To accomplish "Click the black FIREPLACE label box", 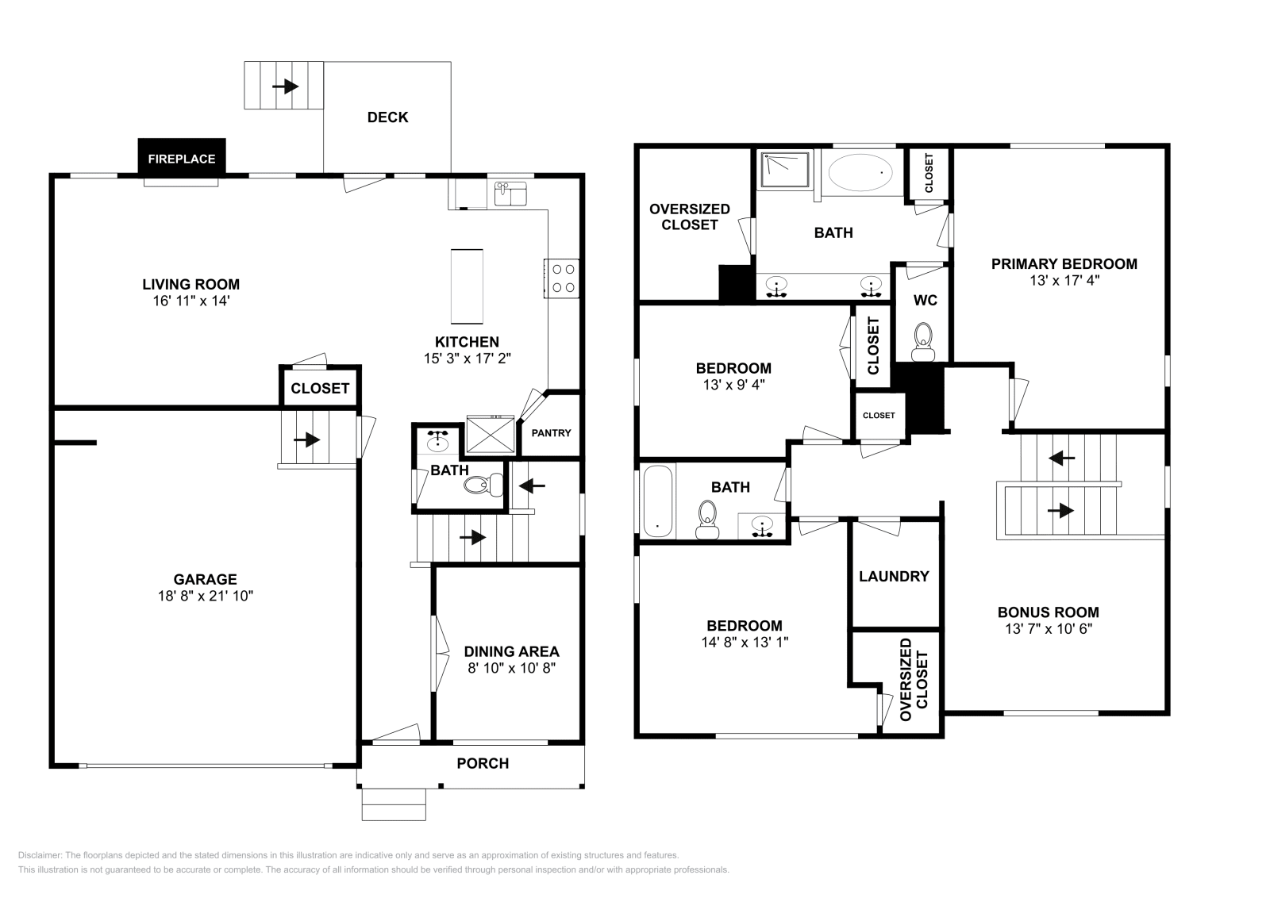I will coord(182,157).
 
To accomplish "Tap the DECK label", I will coord(387,117).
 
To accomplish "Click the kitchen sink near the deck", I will coord(510,193).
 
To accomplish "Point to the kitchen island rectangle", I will coord(467,286).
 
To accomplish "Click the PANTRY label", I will coord(551,433).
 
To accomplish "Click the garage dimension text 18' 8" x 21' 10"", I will coord(205,597).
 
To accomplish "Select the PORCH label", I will coord(483,763).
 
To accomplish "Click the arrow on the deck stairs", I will coord(284,86).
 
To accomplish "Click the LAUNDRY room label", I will coord(894,577).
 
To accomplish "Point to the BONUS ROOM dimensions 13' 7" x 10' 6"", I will coord(1048,629).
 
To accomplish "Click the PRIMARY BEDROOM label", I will coord(1064,264).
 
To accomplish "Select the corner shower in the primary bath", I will coord(785,169).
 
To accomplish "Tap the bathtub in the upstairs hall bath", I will coord(658,501).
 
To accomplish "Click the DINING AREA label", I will coord(511,651).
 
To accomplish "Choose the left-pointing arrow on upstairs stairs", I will coord(1061,458).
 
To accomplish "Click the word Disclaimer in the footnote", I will coord(39,855).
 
